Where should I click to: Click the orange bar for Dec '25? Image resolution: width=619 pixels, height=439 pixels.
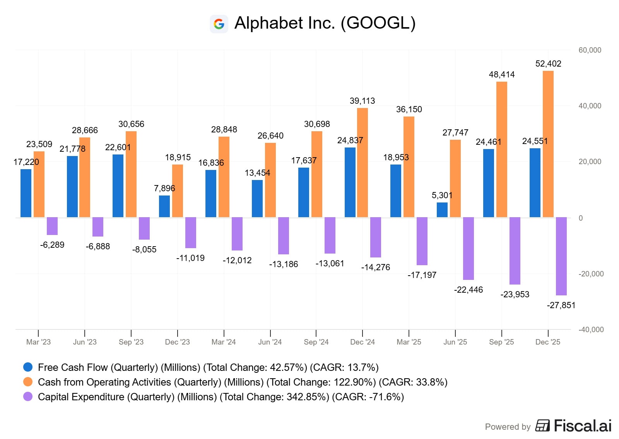[x=548, y=144]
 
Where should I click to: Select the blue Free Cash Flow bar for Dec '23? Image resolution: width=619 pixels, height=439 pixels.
[x=164, y=206]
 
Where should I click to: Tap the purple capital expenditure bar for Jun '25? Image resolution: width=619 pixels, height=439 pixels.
[x=468, y=249]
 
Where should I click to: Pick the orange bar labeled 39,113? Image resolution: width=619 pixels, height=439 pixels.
[x=363, y=163]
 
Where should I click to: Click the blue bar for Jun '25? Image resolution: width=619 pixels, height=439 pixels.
[x=442, y=210]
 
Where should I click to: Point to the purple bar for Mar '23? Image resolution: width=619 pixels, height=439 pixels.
[x=52, y=226]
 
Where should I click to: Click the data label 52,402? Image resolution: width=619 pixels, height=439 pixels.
[x=548, y=64]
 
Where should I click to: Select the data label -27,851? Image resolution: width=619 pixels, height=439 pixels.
[x=561, y=305]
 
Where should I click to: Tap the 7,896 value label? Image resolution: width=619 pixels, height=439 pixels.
[x=164, y=189]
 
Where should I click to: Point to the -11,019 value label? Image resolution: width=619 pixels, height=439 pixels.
[x=190, y=258]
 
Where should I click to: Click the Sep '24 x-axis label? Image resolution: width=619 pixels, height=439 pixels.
[x=316, y=342]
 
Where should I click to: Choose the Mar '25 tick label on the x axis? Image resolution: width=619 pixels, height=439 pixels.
[x=409, y=342]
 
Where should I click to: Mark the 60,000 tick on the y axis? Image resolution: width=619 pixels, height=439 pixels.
[x=590, y=50]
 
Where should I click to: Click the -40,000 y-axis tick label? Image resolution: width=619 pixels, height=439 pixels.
[x=591, y=330]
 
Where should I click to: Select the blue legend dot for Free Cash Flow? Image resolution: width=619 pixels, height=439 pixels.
[x=28, y=367]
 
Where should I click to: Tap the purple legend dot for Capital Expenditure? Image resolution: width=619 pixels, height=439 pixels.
[x=28, y=397]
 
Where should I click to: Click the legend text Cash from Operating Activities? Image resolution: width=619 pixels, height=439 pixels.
[x=104, y=382]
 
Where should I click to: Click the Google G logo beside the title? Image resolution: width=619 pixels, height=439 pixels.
[x=219, y=24]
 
